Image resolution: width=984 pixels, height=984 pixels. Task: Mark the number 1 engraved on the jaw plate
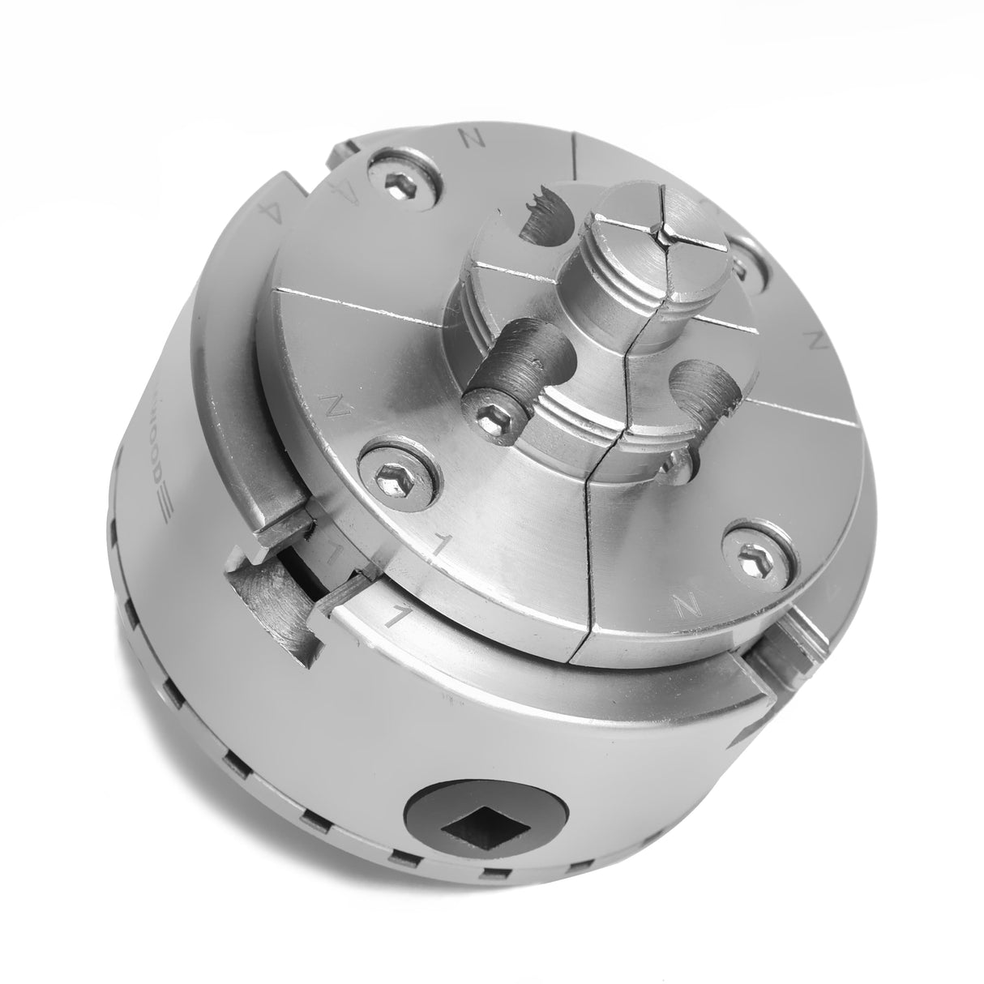coord(439,549)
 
